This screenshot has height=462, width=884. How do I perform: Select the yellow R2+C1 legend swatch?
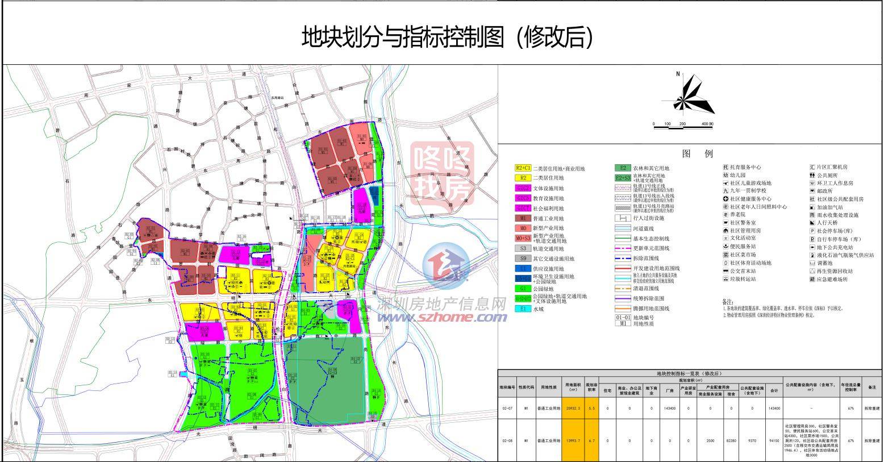point(523,168)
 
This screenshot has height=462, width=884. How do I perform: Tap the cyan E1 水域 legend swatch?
point(523,309)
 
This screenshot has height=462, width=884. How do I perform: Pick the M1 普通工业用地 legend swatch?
point(523,218)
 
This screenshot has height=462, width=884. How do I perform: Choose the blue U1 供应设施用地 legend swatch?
point(523,268)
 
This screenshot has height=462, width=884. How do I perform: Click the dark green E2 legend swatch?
point(623,168)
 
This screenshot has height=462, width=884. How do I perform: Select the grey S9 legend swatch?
point(523,259)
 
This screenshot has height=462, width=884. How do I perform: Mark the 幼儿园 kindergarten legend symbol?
point(725,176)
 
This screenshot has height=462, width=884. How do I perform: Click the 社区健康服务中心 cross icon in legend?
point(725,199)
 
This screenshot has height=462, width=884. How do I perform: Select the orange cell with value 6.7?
point(591,440)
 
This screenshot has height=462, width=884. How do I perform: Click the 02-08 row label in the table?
point(507,440)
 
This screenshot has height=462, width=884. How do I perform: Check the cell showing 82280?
point(732,440)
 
